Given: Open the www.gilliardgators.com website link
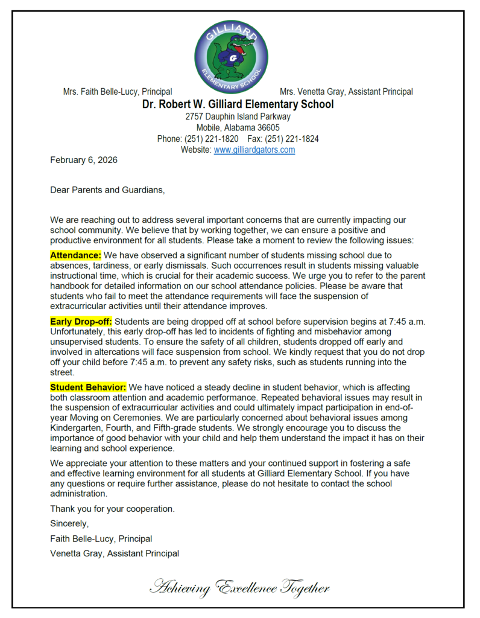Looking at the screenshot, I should coord(254,150).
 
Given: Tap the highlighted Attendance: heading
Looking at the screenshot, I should coord(75,255).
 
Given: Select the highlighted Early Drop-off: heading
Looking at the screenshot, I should coord(81,321).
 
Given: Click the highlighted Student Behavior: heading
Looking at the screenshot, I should coord(88,387).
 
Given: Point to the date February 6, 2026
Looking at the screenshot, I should coord(83,160).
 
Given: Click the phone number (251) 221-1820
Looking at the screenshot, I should coord(207,139).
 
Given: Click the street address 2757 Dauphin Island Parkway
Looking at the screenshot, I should coord(238,116).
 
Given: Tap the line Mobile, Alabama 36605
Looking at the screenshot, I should coord(238,127).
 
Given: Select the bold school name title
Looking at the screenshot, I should coord(238,104).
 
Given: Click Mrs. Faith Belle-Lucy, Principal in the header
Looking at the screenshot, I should coord(118,92).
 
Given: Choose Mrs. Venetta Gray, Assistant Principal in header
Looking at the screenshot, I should coord(346,92).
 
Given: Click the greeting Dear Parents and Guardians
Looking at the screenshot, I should coord(107,190).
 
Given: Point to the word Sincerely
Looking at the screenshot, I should coord(69,523).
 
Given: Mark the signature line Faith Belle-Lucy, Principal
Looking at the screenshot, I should coord(101,538).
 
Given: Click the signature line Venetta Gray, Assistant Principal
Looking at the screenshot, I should coord(114,553).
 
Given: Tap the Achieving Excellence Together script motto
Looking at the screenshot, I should coord(239,587).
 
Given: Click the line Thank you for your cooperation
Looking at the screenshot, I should coord(112,509).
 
